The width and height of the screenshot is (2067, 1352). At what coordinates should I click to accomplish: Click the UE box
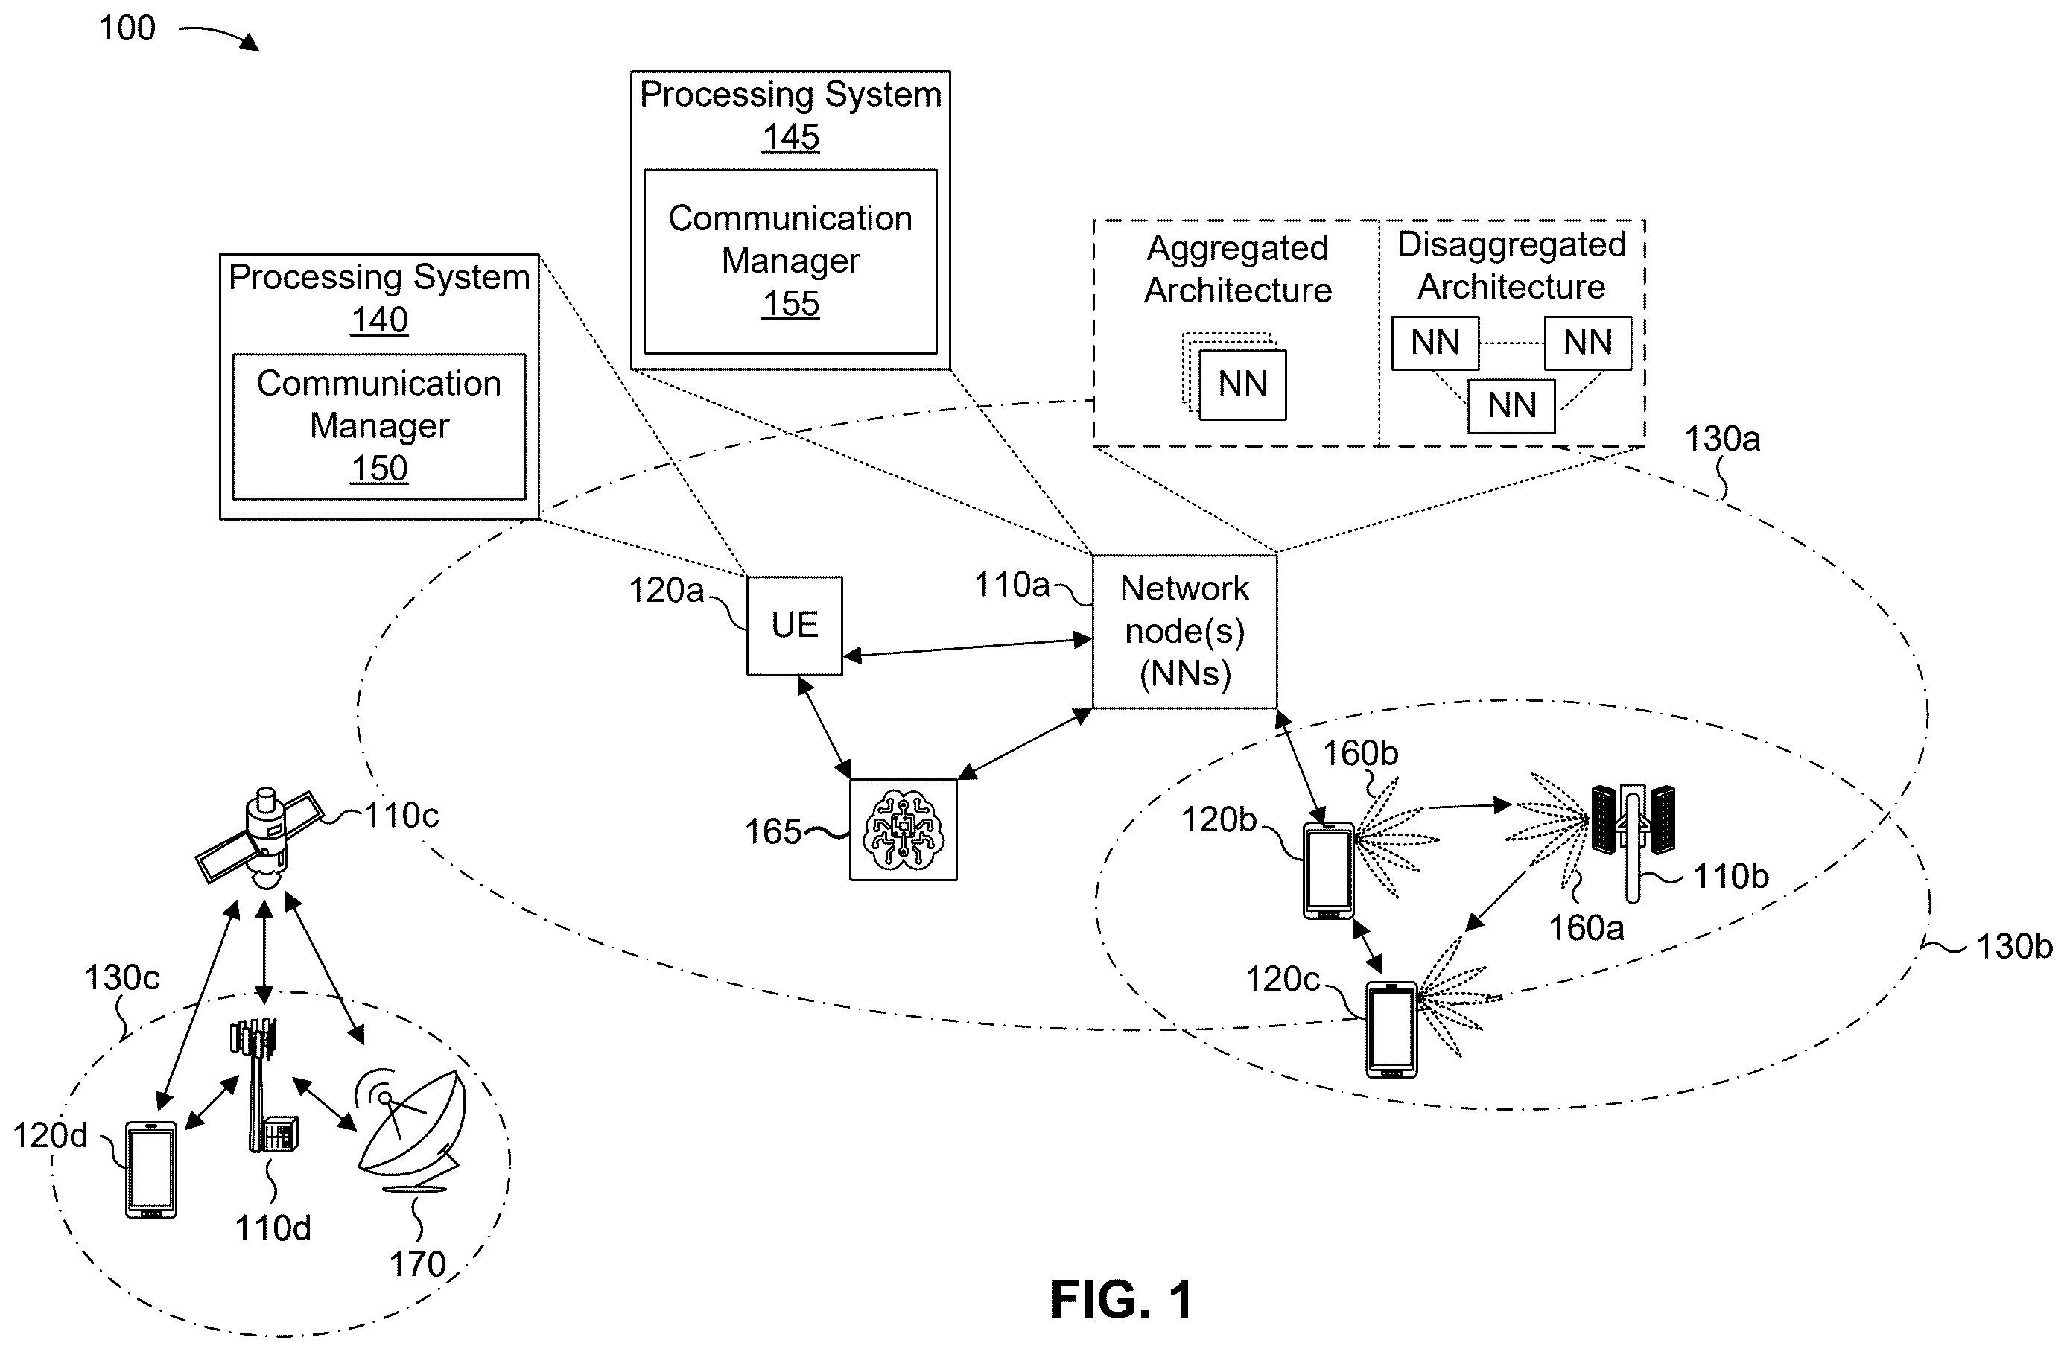[794, 625]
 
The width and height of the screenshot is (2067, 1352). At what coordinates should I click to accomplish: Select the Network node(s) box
[1184, 631]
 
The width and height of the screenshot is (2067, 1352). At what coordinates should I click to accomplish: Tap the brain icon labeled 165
[904, 830]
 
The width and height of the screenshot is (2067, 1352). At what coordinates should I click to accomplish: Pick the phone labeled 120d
[151, 1169]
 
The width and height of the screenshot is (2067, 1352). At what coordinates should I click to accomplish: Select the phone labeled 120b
[1329, 870]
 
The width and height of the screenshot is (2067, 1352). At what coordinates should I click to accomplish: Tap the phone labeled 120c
[1391, 1029]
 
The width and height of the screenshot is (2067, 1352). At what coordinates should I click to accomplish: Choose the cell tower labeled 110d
[264, 1085]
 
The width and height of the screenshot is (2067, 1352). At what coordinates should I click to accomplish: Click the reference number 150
[378, 469]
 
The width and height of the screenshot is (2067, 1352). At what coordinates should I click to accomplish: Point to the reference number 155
[790, 304]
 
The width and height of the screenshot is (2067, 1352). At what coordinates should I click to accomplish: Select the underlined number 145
[790, 137]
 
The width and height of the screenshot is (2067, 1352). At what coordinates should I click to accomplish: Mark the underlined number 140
[378, 320]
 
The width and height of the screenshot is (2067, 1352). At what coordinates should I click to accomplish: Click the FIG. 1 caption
[1121, 1300]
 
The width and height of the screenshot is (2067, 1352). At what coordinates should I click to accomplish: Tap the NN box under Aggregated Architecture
[1242, 384]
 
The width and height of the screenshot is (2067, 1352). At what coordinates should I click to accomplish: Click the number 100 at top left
[127, 28]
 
